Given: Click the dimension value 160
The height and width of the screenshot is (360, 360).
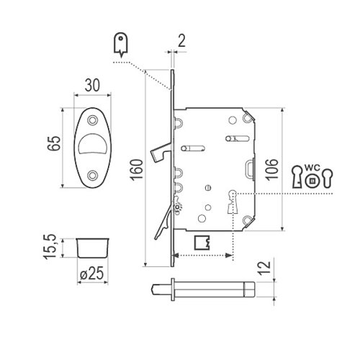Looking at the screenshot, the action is click(137, 169).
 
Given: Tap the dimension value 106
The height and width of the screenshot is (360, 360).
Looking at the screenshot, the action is click(271, 169).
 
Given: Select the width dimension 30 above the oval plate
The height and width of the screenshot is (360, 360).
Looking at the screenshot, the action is click(92, 85).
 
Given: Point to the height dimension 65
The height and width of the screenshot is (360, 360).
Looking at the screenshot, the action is click(54, 143).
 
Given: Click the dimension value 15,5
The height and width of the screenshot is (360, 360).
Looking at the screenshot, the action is click(50, 246).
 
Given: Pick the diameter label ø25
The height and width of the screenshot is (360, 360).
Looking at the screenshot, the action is click(92, 273).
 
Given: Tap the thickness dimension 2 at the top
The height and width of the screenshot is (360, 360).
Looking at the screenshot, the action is click(182, 41).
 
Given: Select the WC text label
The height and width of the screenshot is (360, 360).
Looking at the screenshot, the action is click(312, 167).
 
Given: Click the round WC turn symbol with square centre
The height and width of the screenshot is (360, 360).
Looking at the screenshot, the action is click(312, 181).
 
